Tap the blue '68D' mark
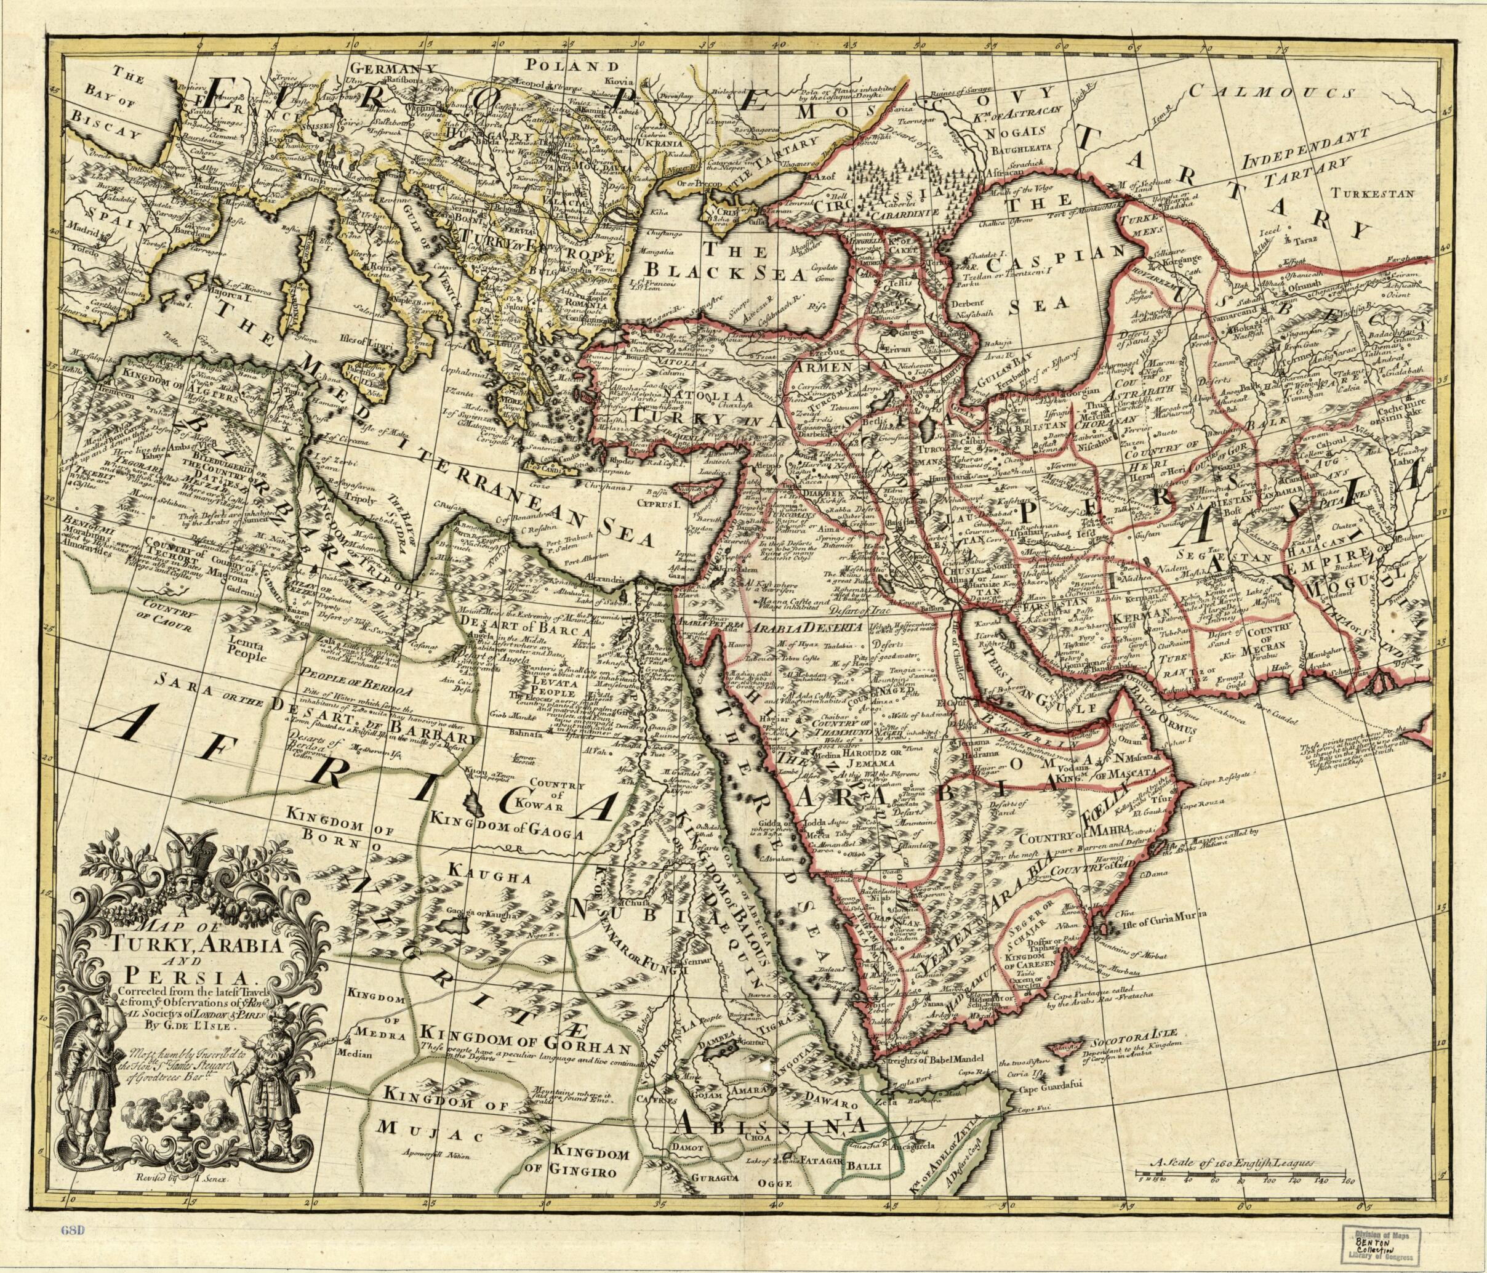tap(73, 1230)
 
